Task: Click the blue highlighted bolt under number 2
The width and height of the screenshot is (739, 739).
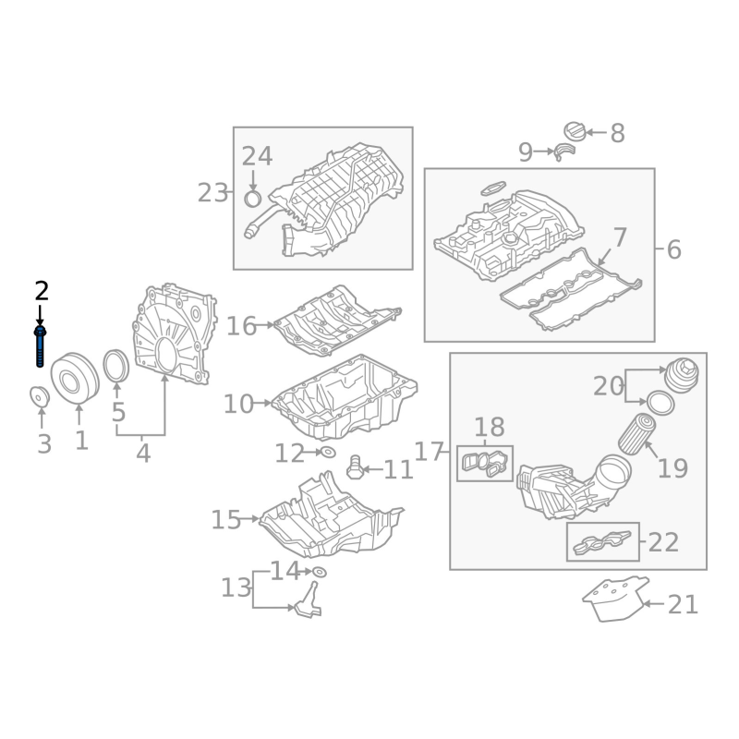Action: coord(40,346)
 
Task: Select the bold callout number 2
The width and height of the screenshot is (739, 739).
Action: coord(42,291)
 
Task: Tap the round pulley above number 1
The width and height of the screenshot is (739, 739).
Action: coord(75,378)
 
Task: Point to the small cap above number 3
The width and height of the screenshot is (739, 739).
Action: coord(40,396)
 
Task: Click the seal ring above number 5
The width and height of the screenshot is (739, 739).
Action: coord(116,366)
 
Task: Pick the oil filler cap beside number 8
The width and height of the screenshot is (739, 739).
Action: coord(575,132)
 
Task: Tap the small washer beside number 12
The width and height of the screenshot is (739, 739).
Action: coord(328,453)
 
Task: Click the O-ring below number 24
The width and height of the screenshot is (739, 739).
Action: coord(253,199)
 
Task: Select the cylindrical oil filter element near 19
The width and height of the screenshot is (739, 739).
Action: coord(636,433)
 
